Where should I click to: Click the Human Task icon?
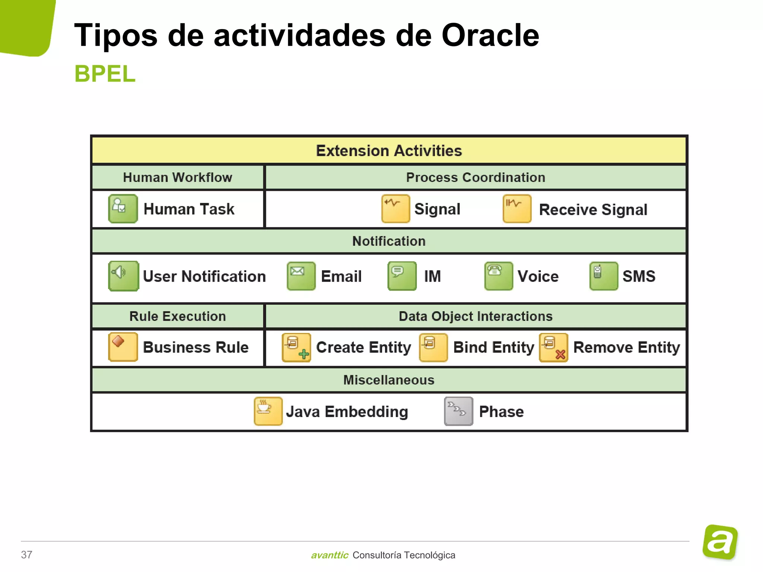[x=123, y=209]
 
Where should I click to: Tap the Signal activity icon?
[x=396, y=209]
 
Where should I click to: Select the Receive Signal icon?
[x=517, y=209]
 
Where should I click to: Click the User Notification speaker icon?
[x=123, y=276]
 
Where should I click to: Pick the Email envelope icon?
[x=301, y=276]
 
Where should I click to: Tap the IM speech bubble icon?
[x=402, y=276]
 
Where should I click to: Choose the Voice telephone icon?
[x=498, y=276]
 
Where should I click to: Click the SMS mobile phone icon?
[x=604, y=276]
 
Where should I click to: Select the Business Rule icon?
[x=123, y=347]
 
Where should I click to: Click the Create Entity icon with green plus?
[x=296, y=347]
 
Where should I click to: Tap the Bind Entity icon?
[x=433, y=347]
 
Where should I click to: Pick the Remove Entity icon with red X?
[x=554, y=347]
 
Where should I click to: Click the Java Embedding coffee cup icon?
[x=268, y=411]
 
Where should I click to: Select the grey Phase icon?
[x=459, y=411]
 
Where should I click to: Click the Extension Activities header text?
[x=389, y=151]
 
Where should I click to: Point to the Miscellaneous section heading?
[x=389, y=380]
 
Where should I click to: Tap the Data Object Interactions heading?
[x=475, y=316]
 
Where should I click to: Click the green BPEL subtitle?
[x=105, y=74]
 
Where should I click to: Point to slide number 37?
[x=26, y=554]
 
